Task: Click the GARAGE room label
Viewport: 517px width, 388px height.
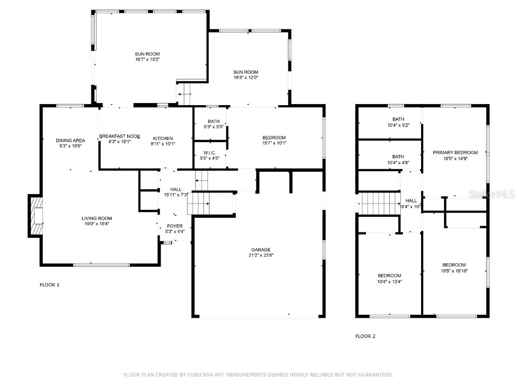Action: tap(261, 250)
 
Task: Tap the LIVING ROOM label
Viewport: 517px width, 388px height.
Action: tap(96, 218)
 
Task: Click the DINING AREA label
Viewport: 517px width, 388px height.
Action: tap(70, 140)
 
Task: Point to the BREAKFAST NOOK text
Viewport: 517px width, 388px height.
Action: tap(119, 136)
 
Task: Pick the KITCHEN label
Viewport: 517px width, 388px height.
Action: tap(163, 138)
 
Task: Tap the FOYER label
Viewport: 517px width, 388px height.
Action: tap(175, 226)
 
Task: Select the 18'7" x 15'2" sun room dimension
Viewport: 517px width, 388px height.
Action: tap(147, 59)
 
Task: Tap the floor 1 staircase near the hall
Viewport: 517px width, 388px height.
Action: tap(198, 205)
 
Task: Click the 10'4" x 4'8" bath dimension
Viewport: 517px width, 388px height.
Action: tap(398, 162)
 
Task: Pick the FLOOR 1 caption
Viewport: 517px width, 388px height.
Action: tap(49, 285)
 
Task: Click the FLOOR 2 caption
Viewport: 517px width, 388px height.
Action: tap(365, 336)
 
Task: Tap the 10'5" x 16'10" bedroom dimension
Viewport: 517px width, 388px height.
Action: tap(454, 271)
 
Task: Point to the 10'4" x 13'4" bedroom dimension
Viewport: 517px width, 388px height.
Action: tap(389, 281)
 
